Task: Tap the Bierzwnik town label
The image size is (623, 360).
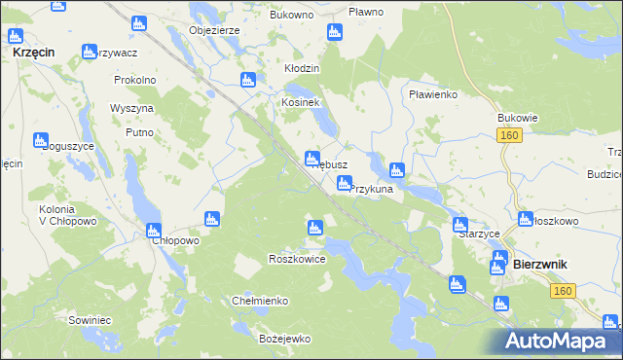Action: (540, 265)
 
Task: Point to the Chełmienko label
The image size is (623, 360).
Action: (259, 301)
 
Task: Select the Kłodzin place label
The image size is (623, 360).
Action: (301, 70)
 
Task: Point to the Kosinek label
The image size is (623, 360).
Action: (301, 102)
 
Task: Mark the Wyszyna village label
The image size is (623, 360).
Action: (132, 108)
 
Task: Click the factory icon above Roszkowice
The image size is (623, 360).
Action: (314, 229)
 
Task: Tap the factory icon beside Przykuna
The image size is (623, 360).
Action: (344, 183)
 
